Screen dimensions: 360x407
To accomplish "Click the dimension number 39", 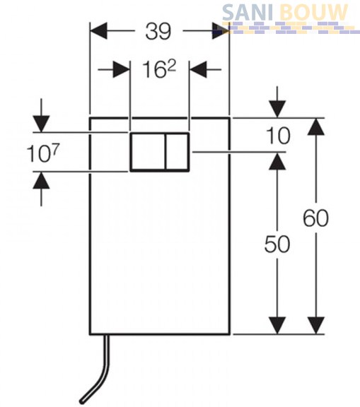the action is (158, 31).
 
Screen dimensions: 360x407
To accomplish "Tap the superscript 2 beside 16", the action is (171, 67).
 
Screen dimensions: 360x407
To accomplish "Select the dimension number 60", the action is (315, 218).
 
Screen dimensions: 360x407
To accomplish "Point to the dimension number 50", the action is (277, 244).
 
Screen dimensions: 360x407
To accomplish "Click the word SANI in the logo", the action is (248, 13).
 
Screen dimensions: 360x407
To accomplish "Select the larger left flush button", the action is (148, 152).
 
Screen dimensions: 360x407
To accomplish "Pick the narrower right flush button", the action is (178, 152).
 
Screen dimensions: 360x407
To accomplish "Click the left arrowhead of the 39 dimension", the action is (98, 31).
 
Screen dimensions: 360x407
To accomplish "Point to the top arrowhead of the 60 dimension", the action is (316, 126).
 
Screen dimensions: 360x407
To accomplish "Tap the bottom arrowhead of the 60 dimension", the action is (316, 326).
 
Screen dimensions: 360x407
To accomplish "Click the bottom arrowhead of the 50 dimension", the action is (277, 326).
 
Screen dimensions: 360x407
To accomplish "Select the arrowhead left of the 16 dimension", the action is (122, 69).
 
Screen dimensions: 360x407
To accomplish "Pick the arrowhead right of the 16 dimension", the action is (198, 69).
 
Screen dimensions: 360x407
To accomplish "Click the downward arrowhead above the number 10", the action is (277, 109).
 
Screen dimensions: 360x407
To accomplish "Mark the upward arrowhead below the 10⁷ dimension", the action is (41, 180).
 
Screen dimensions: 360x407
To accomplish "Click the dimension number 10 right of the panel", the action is (278, 136).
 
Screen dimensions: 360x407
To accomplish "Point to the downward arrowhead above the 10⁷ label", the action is (41, 124).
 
